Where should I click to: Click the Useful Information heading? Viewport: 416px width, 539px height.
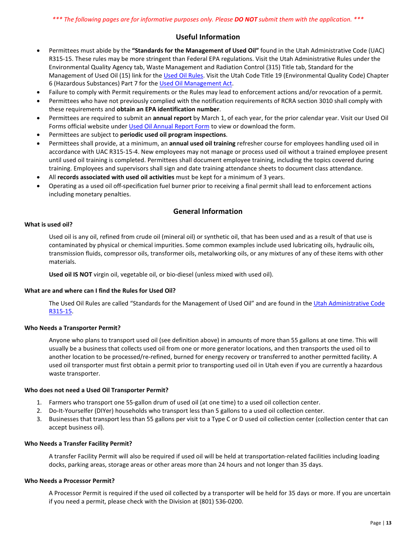click(x=208, y=37)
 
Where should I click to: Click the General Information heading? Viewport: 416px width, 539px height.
click(x=208, y=211)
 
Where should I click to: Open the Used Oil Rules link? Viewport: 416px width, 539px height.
click(x=183, y=75)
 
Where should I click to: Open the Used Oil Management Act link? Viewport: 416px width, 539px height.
click(x=196, y=84)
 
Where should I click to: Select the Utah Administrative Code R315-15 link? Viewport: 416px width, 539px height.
click(x=349, y=304)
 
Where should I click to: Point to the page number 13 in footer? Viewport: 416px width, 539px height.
click(x=388, y=523)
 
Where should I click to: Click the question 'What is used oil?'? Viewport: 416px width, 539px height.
click(x=49, y=225)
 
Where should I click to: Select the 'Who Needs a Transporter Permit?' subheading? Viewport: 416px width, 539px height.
click(x=72, y=328)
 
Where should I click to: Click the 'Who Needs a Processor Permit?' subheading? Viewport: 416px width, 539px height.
click(x=70, y=481)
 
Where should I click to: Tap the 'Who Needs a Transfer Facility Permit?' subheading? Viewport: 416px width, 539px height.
click(x=78, y=443)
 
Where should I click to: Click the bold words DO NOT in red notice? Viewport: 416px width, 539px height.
click(x=246, y=19)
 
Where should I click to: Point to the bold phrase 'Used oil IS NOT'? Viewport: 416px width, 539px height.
click(x=71, y=275)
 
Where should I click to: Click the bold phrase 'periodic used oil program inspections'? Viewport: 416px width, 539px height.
click(x=173, y=135)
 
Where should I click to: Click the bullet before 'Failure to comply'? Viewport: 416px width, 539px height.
click(x=39, y=92)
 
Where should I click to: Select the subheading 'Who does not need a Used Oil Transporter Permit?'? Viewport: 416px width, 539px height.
click(x=96, y=390)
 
